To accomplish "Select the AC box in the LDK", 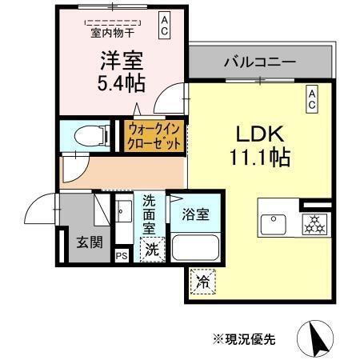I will [312, 99].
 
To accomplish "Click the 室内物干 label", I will [112, 33].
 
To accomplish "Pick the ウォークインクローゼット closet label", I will [154, 136].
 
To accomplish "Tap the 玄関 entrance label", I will [89, 241].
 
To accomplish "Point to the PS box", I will [121, 256].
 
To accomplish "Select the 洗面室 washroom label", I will [150, 213].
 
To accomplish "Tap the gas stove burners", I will [314, 224].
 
